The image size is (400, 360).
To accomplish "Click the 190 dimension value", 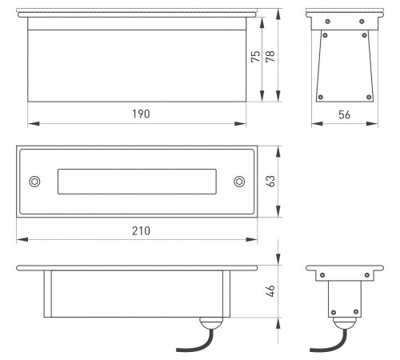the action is coord(141,114).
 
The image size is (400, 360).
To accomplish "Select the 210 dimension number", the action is coord(141,230).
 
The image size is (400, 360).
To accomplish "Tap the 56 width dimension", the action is coord(344,115).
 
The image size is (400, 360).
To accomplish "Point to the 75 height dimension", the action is coord(255,56).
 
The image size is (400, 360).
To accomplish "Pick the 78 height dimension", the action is coord(270,56).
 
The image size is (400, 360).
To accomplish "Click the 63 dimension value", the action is coord(270,182).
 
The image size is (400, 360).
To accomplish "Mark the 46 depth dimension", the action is coord(270,291).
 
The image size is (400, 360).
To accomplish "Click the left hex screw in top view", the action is coord(34,182).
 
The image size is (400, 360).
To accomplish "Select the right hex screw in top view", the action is coord(239,182).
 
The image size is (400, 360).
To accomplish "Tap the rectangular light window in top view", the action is coord(137,182).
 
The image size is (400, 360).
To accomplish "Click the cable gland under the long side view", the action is coord(211,323).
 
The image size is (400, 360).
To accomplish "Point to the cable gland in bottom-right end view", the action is coord(345,323).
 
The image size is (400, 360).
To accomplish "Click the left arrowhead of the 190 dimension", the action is coord(34,123).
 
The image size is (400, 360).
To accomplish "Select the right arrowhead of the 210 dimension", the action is coord(251,239).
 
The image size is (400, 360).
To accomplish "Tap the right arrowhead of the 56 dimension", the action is coord(372,123).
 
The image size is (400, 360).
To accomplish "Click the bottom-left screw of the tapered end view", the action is coord(321,97).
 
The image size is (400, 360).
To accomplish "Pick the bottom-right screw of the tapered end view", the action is coord(369,97).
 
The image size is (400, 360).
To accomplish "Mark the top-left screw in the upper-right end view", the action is coord(328,22).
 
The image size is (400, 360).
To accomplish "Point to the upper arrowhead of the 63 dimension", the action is coord(278,152).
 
